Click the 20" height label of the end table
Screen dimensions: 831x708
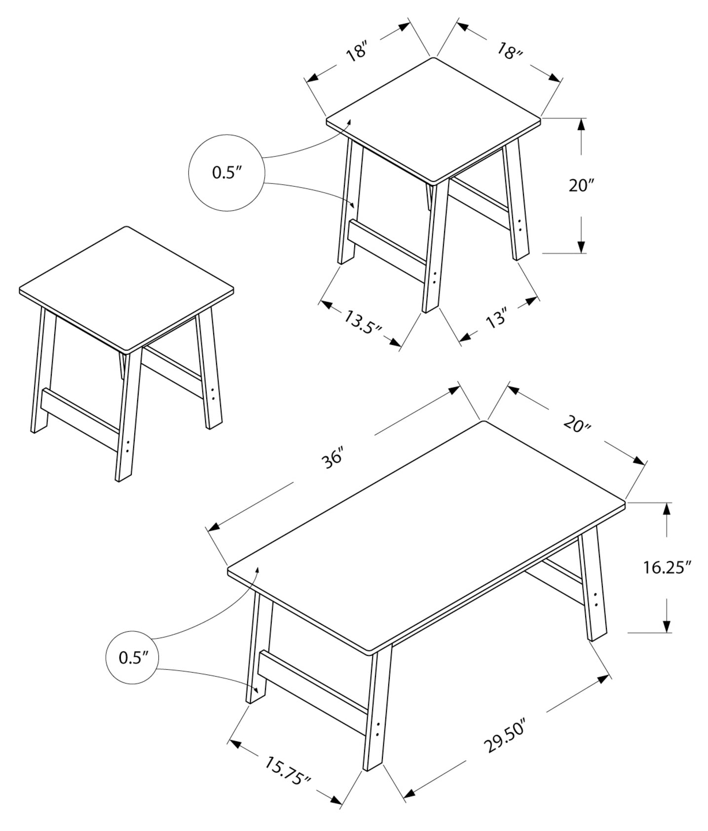[x=581, y=186]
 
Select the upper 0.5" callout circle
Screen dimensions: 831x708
[x=227, y=173]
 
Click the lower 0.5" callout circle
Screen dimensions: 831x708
[x=132, y=658]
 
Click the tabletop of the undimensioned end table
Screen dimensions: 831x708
[x=126, y=289]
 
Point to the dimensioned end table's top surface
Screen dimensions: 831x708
[x=434, y=118]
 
